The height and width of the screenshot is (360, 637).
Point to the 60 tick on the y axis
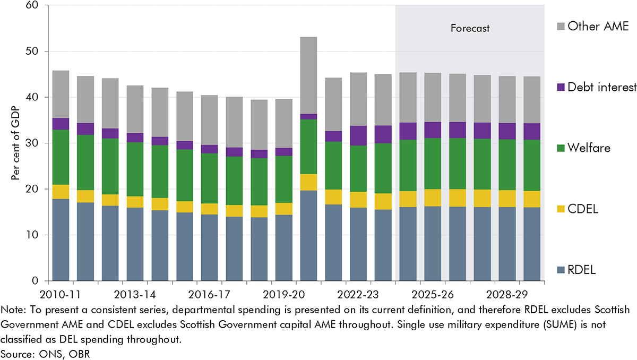coord(39,5)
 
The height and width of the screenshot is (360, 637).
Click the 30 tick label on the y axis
coord(39,143)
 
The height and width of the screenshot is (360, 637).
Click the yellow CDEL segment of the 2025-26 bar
coord(433,198)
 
